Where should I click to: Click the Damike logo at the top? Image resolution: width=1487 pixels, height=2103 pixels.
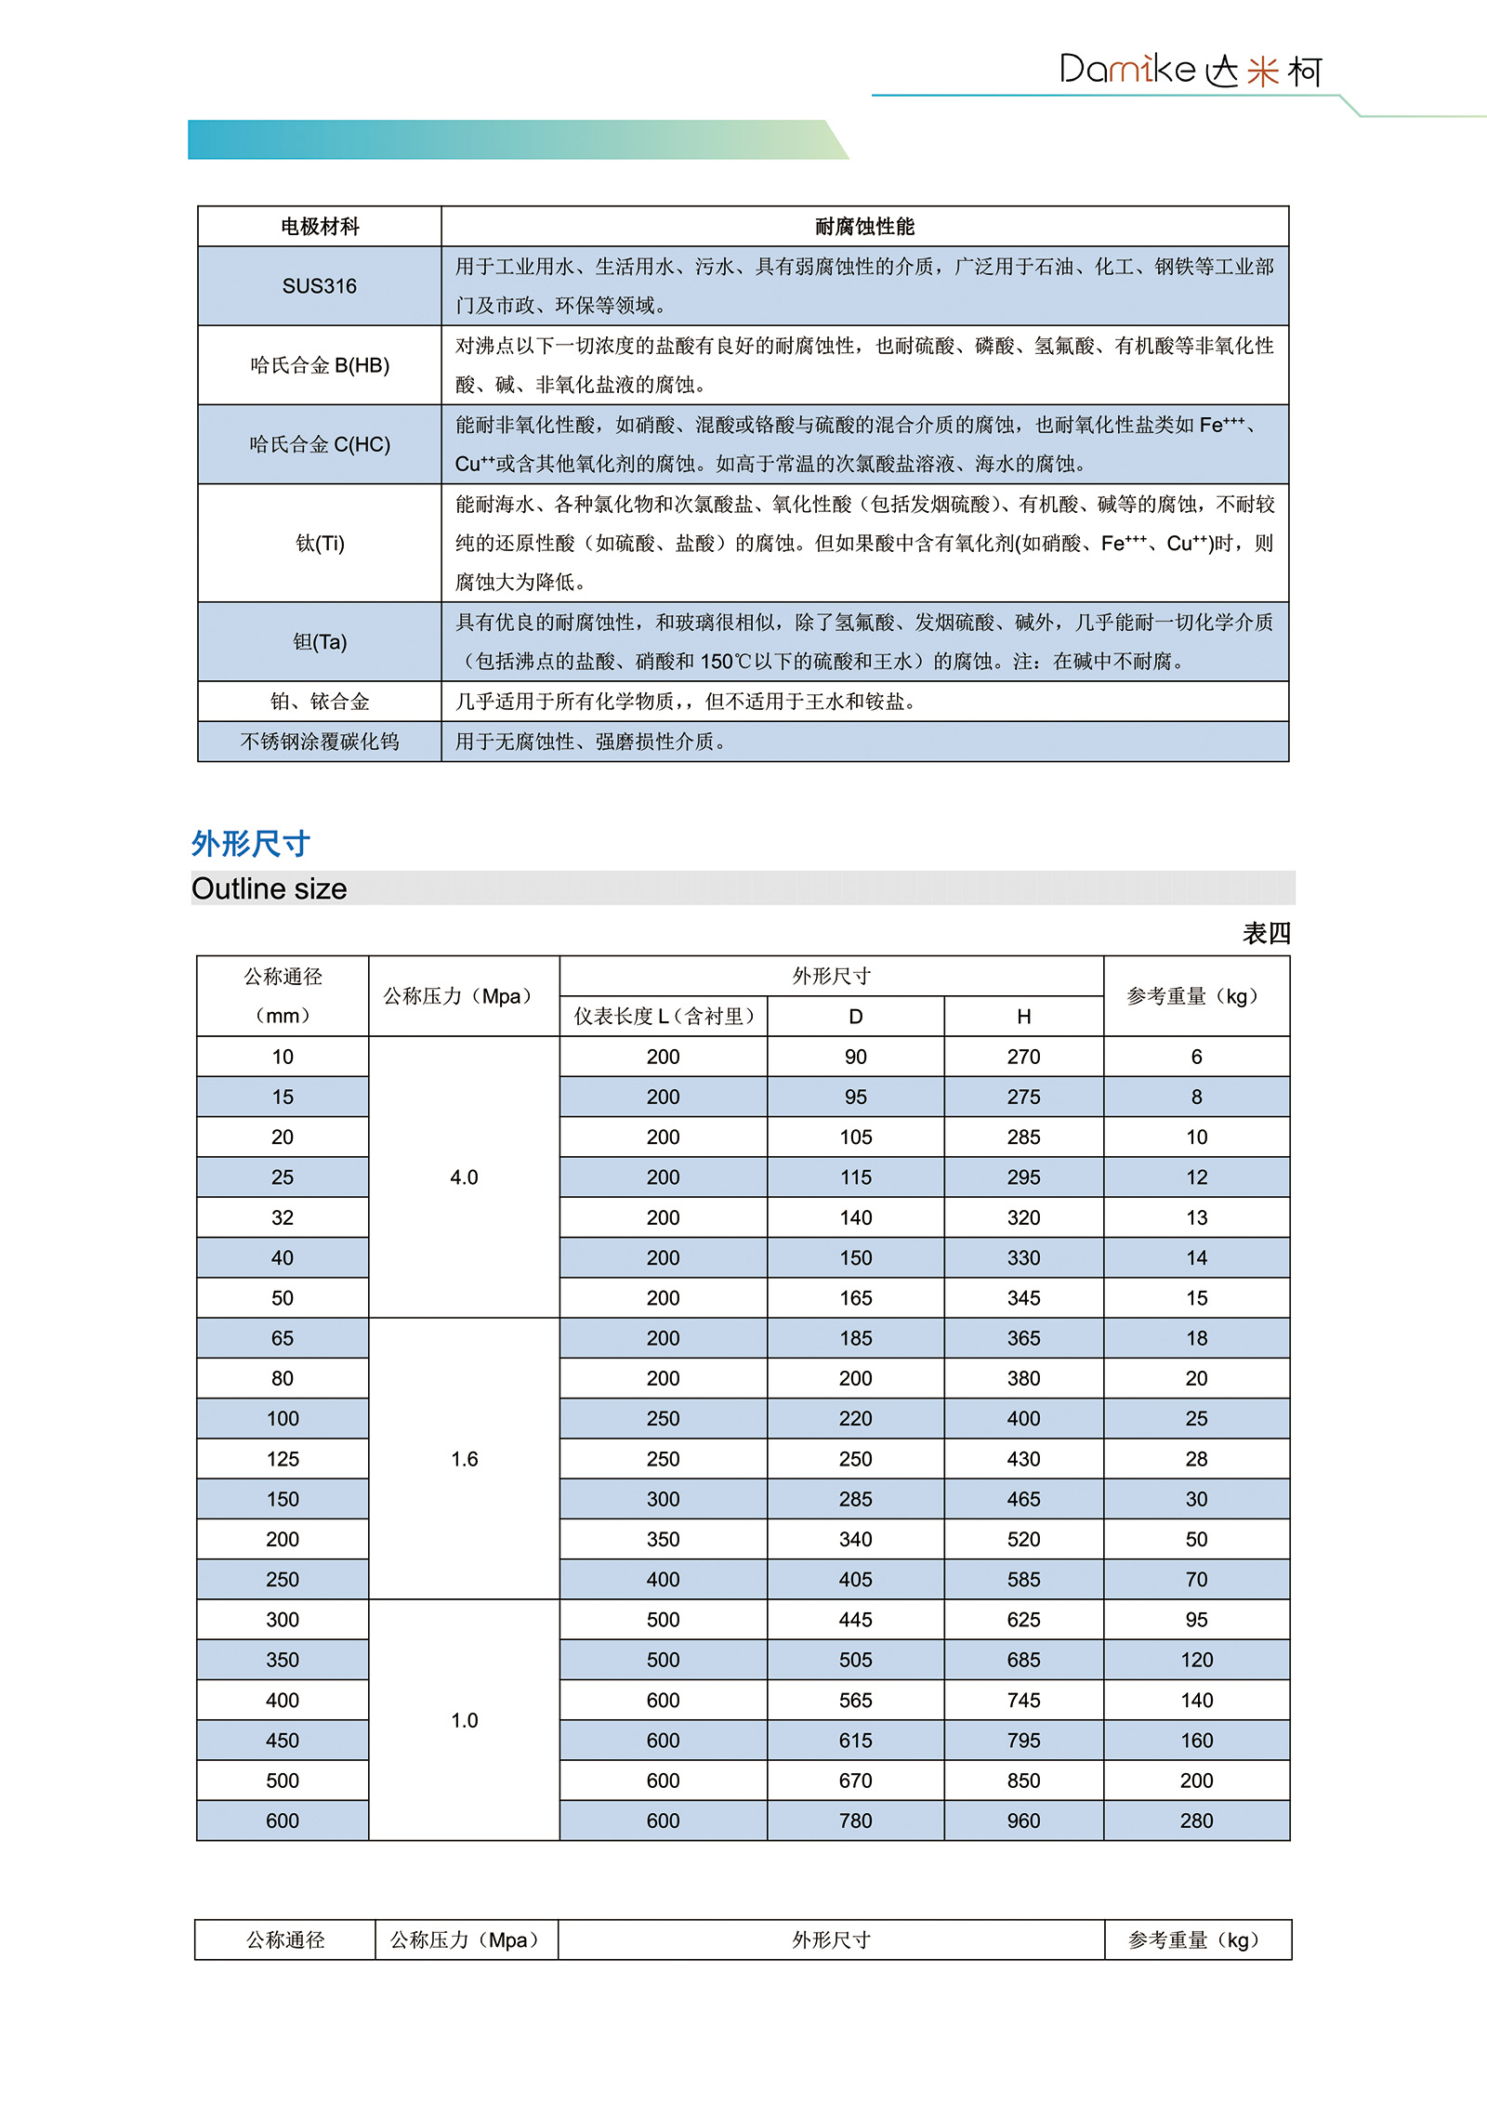pyautogui.click(x=1190, y=71)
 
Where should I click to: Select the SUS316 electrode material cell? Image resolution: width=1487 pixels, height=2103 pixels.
pyautogui.click(x=319, y=286)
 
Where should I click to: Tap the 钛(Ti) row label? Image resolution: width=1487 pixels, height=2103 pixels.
pyautogui.click(x=319, y=544)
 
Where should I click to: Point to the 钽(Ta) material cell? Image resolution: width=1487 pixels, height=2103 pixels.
pyautogui.click(x=319, y=642)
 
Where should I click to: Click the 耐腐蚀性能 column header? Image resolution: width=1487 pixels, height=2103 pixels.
pyautogui.click(x=864, y=227)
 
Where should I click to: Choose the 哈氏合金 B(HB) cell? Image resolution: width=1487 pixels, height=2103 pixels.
pyautogui.click(x=319, y=365)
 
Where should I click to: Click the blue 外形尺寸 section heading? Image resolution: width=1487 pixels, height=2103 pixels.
pyautogui.click(x=250, y=844)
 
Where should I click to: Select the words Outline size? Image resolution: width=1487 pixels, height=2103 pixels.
pyautogui.click(x=269, y=889)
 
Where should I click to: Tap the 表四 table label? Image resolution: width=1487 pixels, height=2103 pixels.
pyautogui.click(x=1266, y=933)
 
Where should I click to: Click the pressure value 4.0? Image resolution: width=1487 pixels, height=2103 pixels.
pyautogui.click(x=464, y=1177)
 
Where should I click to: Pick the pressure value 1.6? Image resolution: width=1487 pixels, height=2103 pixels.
pyautogui.click(x=464, y=1459)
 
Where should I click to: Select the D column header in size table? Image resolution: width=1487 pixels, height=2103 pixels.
pyautogui.click(x=855, y=1017)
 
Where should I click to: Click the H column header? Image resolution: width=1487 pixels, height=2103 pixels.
pyautogui.click(x=1023, y=1017)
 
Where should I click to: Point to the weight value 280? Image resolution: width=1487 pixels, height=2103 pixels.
pyautogui.click(x=1196, y=1820)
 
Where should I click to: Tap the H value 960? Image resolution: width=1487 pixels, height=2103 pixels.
pyautogui.click(x=1023, y=1820)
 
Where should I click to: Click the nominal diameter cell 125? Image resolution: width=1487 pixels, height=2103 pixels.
pyautogui.click(x=283, y=1459)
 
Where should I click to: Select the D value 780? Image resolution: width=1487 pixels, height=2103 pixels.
pyautogui.click(x=855, y=1820)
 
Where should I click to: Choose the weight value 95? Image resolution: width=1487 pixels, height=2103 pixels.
pyautogui.click(x=1196, y=1620)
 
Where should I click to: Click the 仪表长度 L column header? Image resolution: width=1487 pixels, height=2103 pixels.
pyautogui.click(x=663, y=1017)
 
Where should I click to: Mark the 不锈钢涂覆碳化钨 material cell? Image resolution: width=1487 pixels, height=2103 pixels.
pyautogui.click(x=319, y=742)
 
